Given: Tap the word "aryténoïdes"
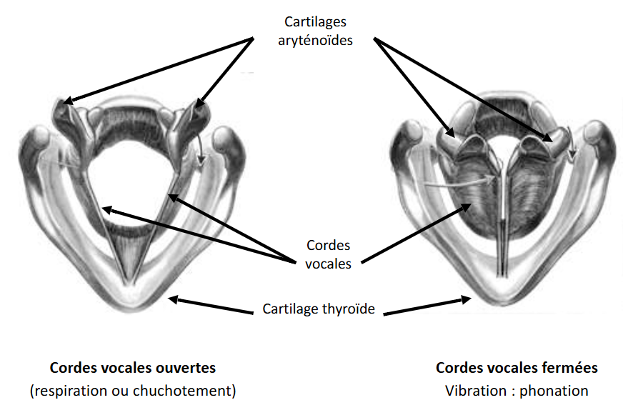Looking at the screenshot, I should coord(315,41).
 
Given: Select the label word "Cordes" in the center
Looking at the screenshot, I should coord(329,245).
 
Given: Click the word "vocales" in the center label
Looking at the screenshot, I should coord(329,263).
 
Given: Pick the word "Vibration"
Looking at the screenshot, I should coord(473,391).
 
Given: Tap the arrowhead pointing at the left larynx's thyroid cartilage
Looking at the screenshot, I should coord(171,300).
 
